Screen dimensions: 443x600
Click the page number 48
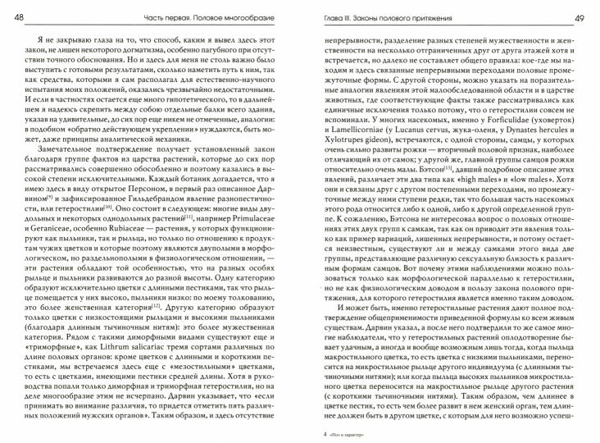click(19, 16)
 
